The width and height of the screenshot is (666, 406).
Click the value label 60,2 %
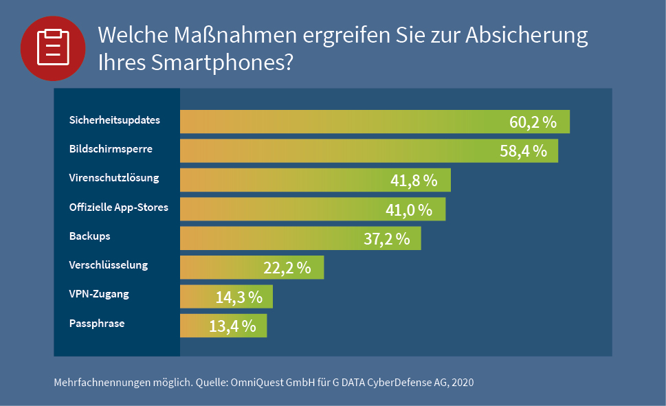point(533,122)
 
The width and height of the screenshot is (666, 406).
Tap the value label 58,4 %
point(523,151)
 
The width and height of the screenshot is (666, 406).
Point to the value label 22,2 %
point(287,268)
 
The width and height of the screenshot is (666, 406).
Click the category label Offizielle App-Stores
point(119,207)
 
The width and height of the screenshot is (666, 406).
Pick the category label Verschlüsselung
point(109,265)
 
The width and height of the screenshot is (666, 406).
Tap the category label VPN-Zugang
point(99,294)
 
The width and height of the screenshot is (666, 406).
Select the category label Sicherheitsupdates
point(115,120)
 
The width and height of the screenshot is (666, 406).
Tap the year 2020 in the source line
point(461,382)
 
